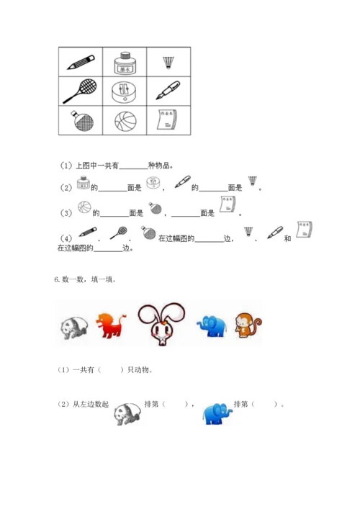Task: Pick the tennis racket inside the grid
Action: click(x=81, y=91)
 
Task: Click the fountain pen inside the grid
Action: click(x=168, y=91)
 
